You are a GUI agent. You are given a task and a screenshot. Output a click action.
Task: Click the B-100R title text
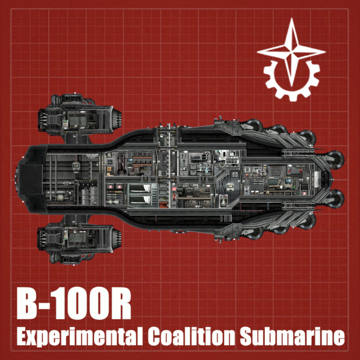pyautogui.click(x=74, y=303)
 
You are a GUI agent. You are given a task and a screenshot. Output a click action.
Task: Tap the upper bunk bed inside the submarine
pyautogui.click(x=140, y=188)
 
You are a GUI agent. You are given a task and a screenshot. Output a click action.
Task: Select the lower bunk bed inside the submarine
pyautogui.click(x=140, y=200)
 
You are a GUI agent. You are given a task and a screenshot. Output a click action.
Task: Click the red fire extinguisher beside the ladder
pyautogui.click(x=174, y=197)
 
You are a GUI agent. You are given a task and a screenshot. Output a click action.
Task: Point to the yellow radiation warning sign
pyautogui.click(x=109, y=169)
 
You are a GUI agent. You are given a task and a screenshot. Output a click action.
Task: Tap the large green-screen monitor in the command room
pyautogui.click(x=273, y=182)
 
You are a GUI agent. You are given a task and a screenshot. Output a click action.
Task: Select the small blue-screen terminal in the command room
pyautogui.click(x=287, y=181)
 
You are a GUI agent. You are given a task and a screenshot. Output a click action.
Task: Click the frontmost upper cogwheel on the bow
pyautogui.click(x=335, y=159)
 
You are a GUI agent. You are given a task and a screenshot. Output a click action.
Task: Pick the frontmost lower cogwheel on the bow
pyautogui.click(x=335, y=199)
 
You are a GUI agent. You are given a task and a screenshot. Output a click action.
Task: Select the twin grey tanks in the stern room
pyautogui.click(x=89, y=195)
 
